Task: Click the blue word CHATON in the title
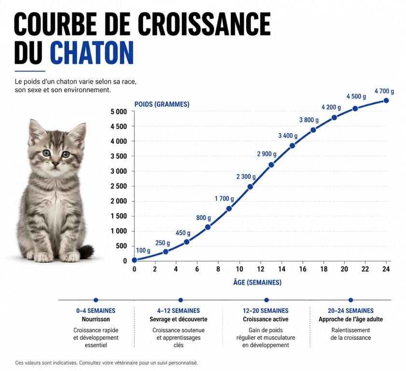pyautogui.click(x=92, y=53)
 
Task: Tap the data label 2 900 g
pyautogui.click(x=266, y=154)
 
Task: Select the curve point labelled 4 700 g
pyautogui.click(x=386, y=100)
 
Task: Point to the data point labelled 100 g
pyautogui.click(x=135, y=260)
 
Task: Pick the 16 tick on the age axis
pyautogui.click(x=302, y=269)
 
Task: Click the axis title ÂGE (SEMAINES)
pyautogui.click(x=258, y=283)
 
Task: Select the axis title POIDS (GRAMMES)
pyautogui.click(x=162, y=104)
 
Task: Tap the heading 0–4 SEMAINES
pyautogui.click(x=96, y=311)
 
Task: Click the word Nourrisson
pyautogui.click(x=96, y=319)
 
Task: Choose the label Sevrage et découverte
pyautogui.click(x=179, y=319)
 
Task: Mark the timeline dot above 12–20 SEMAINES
pyautogui.click(x=266, y=300)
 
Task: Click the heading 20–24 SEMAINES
pyautogui.click(x=350, y=311)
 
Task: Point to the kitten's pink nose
pyautogui.click(x=56, y=164)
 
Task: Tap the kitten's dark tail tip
pyautogui.click(x=87, y=251)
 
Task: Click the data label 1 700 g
pyautogui.click(x=224, y=199)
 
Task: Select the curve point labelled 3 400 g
pyautogui.click(x=292, y=146)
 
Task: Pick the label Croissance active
pyautogui.click(x=266, y=319)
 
